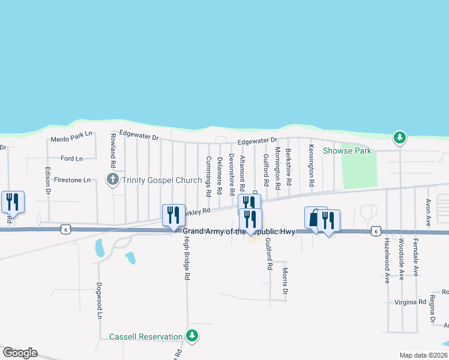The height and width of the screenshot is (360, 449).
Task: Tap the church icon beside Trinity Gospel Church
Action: tap(112, 179)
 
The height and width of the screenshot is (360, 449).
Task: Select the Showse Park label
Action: tap(347, 151)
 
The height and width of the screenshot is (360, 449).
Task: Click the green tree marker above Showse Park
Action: tap(399, 138)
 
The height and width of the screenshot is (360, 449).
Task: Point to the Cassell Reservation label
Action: tap(145, 337)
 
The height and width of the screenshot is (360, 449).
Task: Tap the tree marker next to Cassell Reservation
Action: tap(192, 336)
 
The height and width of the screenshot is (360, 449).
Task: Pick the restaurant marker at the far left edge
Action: tap(12, 202)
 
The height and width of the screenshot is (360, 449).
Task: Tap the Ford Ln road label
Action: tap(71, 158)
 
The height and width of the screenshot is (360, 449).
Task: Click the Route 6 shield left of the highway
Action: tap(66, 229)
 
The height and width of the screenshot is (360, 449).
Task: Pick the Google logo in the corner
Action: tap(20, 353)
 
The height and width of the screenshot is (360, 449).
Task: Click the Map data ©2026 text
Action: tap(423, 355)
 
